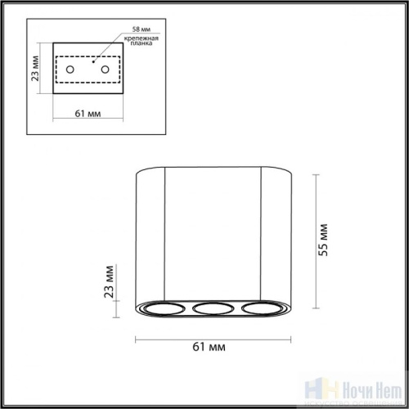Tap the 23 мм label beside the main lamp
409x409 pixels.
(109, 281)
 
